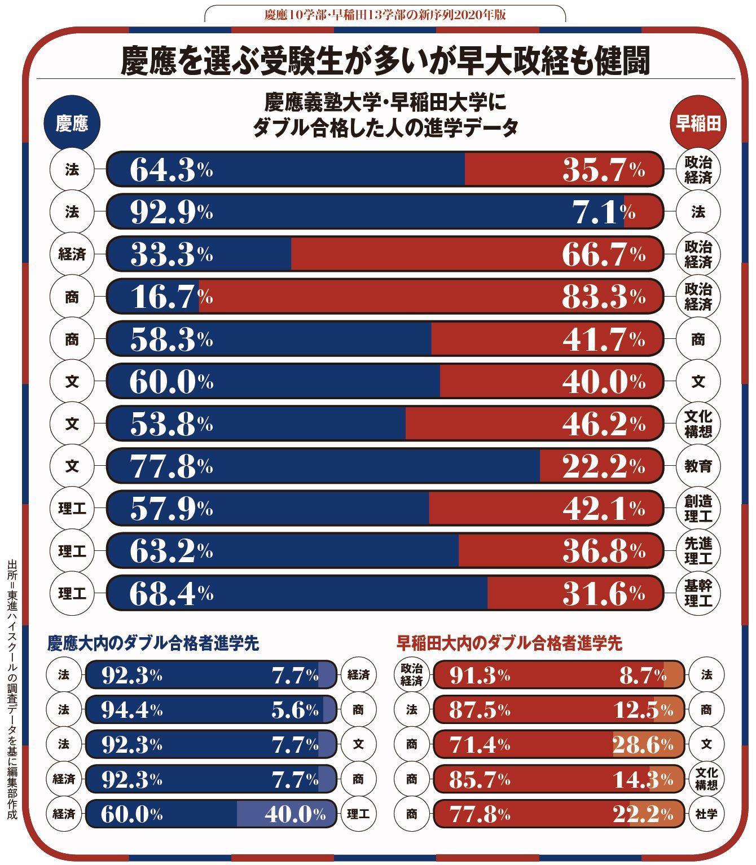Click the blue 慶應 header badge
pyautogui.click(x=72, y=123)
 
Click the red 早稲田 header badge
pyautogui.click(x=698, y=123)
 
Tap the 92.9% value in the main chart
pyautogui.click(x=171, y=212)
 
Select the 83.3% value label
pyautogui.click(x=603, y=297)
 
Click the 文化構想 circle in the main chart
pyautogui.click(x=698, y=424)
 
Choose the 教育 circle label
pyautogui.click(x=698, y=466)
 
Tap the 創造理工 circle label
pyautogui.click(x=698, y=509)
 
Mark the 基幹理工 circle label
pyautogui.click(x=698, y=593)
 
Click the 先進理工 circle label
pyautogui.click(x=698, y=551)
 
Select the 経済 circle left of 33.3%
pyautogui.click(x=72, y=254)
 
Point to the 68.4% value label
pyautogui.click(x=171, y=593)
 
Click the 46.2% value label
pyautogui.click(x=603, y=424)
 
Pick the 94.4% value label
pyautogui.click(x=131, y=710)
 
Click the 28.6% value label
pyautogui.click(x=643, y=745)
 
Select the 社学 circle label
pyautogui.click(x=706, y=814)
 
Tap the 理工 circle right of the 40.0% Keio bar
pyautogui.click(x=358, y=814)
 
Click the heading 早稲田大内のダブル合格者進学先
pyautogui.click(x=509, y=643)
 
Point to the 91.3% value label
pyautogui.click(x=480, y=675)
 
